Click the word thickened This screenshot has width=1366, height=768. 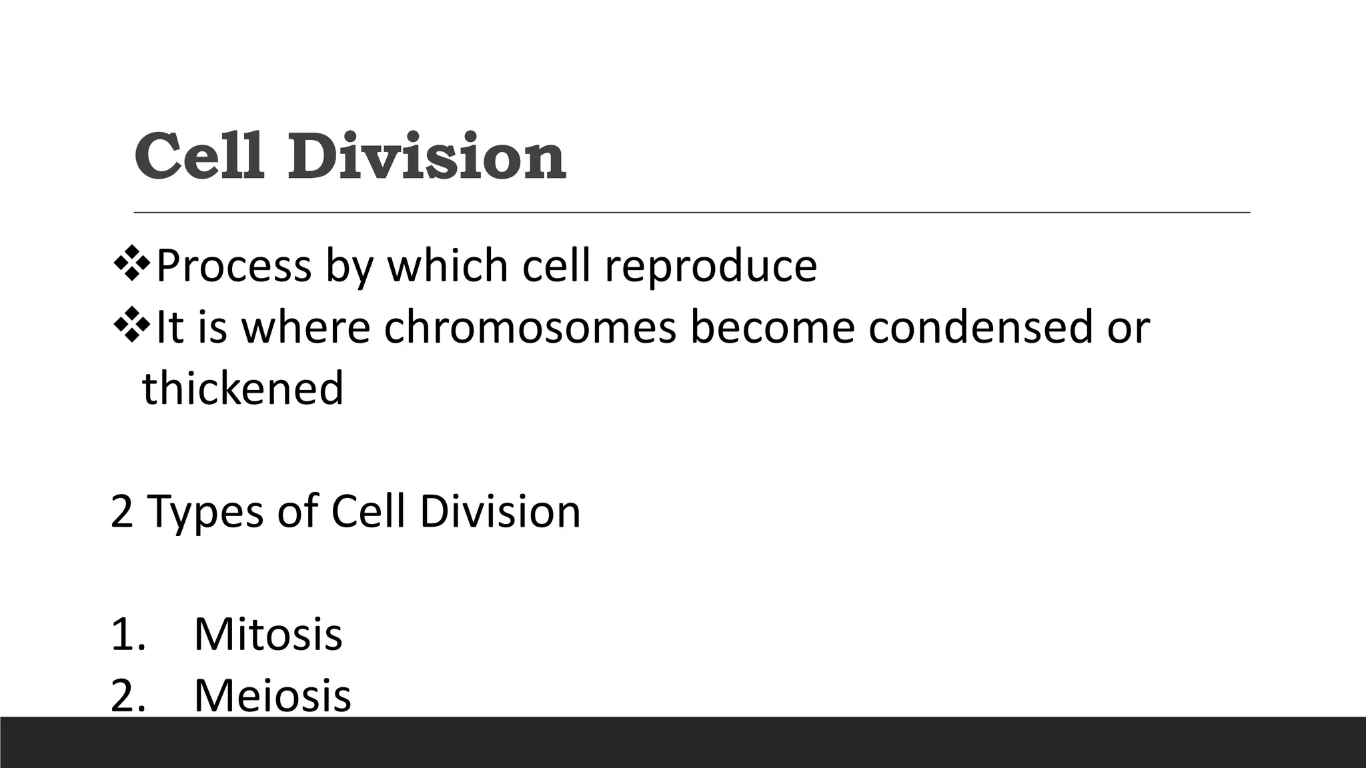(x=243, y=388)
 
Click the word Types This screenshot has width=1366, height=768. (x=205, y=512)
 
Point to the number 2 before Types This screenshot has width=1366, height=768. (x=121, y=512)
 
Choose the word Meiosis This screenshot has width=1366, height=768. (x=272, y=696)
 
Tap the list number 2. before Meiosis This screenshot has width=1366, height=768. (x=128, y=696)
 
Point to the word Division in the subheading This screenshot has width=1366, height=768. (x=500, y=512)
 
